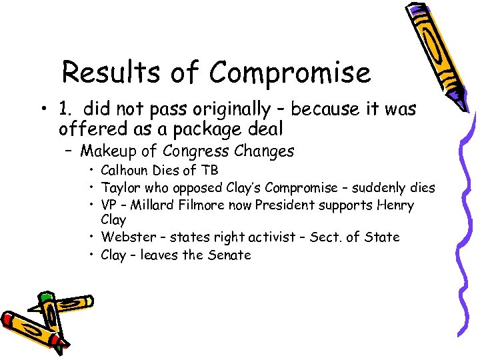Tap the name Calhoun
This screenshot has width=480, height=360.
[x=125, y=171]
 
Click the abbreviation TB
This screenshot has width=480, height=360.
[x=211, y=171]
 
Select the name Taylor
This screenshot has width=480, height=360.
[x=119, y=188]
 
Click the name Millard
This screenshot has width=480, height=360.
[x=151, y=205]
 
